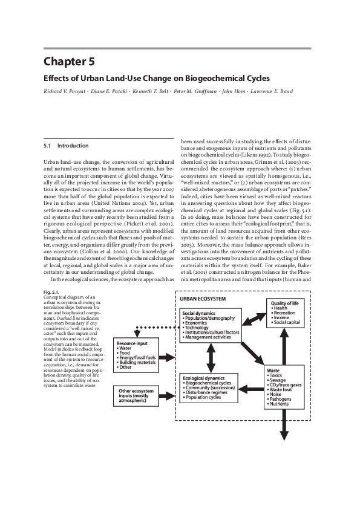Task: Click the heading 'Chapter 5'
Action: (69, 62)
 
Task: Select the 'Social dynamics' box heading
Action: (201, 313)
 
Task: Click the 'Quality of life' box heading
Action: (287, 303)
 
